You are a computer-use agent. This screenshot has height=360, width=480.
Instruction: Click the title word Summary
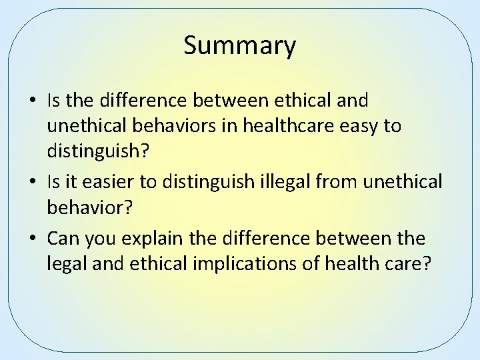[x=239, y=46]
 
